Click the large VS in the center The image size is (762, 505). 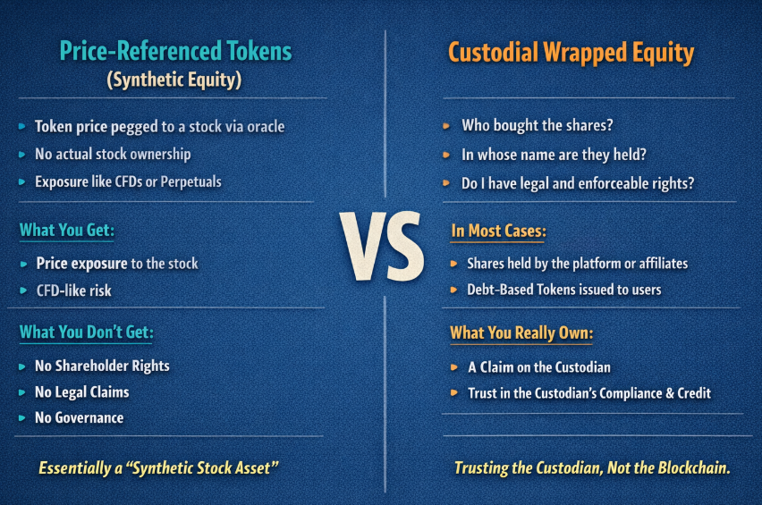coord(382,246)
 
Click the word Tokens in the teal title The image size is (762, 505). coord(259,51)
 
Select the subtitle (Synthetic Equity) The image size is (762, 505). coord(174,80)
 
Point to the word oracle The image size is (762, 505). coord(266,127)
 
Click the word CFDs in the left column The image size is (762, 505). coord(128,181)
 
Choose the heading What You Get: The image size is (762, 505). coord(67,231)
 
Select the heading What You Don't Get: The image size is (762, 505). coord(87,332)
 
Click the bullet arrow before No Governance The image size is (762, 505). coord(21,418)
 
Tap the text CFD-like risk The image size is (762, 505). coord(74,290)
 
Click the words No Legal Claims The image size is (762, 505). coord(82,391)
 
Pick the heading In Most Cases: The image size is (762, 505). coord(498,231)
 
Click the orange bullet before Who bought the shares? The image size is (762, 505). coord(446,126)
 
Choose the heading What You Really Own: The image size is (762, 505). coord(521,333)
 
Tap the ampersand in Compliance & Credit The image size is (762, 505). coord(670,393)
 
